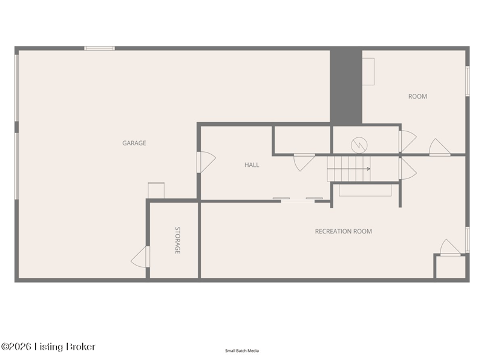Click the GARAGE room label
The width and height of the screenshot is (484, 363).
pyautogui.click(x=134, y=143)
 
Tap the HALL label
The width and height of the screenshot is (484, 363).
pyautogui.click(x=252, y=165)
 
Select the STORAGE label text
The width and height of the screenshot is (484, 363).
pyautogui.click(x=177, y=240)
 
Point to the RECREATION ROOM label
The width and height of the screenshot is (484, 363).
pyautogui.click(x=343, y=231)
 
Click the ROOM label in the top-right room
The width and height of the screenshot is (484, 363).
pyautogui.click(x=417, y=96)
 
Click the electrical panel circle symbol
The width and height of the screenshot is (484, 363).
pyautogui.click(x=359, y=145)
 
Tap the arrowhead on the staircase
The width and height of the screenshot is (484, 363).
pyautogui.click(x=368, y=169)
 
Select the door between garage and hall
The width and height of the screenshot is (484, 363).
pyautogui.click(x=206, y=162)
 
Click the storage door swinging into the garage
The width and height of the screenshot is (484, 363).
pyautogui.click(x=140, y=257)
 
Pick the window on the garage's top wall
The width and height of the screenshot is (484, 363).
pyautogui.click(x=99, y=48)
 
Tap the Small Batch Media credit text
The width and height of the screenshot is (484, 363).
pyautogui.click(x=242, y=351)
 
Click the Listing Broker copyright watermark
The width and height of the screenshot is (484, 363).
pyautogui.click(x=48, y=347)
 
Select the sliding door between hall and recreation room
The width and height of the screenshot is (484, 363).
pyautogui.click(x=298, y=200)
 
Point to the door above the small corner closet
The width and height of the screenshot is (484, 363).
pyautogui.click(x=450, y=247)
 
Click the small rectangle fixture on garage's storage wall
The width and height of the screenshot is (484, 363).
pyautogui.click(x=156, y=191)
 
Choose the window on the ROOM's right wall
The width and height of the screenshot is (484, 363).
pyautogui.click(x=467, y=81)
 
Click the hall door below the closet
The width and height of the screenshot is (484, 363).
pyautogui.click(x=304, y=162)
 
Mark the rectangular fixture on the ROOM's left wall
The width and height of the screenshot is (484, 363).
pyautogui.click(x=368, y=71)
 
